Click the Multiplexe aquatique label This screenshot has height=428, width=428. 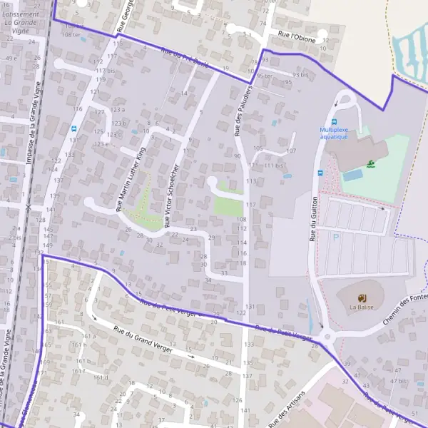tap(334, 133)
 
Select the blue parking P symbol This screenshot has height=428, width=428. tap(336, 236)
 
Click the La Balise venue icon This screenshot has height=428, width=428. tap(362, 297)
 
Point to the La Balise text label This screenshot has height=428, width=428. tap(362, 307)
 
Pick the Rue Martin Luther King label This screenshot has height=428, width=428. tap(131, 180)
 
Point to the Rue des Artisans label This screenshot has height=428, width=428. tap(287, 409)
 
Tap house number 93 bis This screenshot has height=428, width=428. tap(304, 73)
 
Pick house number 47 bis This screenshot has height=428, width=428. tap(397, 381)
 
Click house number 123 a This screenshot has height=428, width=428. tap(118, 110)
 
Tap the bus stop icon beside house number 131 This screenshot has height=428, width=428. tap(74, 128)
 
